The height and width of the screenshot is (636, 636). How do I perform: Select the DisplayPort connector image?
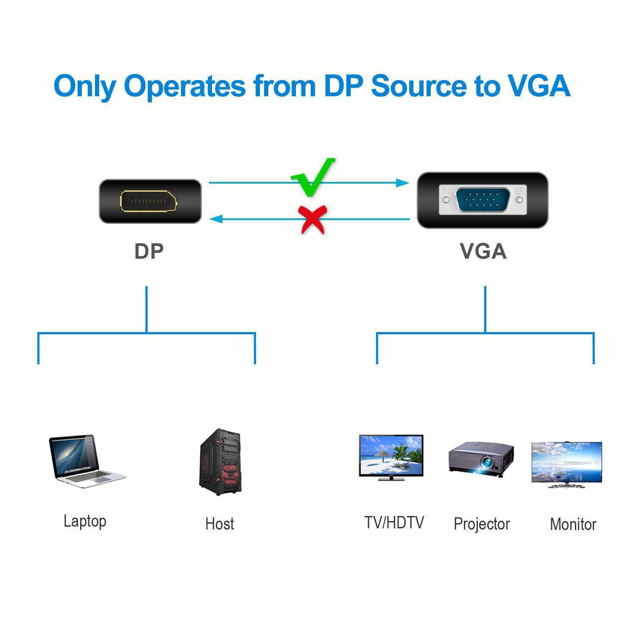(150, 201)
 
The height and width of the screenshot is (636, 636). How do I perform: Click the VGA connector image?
(483, 200)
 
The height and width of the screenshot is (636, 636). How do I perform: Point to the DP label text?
(149, 251)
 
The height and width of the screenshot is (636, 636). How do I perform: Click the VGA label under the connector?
(483, 251)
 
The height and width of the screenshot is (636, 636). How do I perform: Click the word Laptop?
(85, 521)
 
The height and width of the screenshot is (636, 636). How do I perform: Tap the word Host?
(220, 524)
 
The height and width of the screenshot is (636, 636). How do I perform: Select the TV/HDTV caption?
(394, 522)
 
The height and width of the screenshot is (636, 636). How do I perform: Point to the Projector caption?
(482, 524)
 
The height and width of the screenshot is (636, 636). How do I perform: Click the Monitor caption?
(573, 524)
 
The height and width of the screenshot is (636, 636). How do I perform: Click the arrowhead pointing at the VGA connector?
(403, 183)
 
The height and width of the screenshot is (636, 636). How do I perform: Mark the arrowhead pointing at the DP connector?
(217, 219)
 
